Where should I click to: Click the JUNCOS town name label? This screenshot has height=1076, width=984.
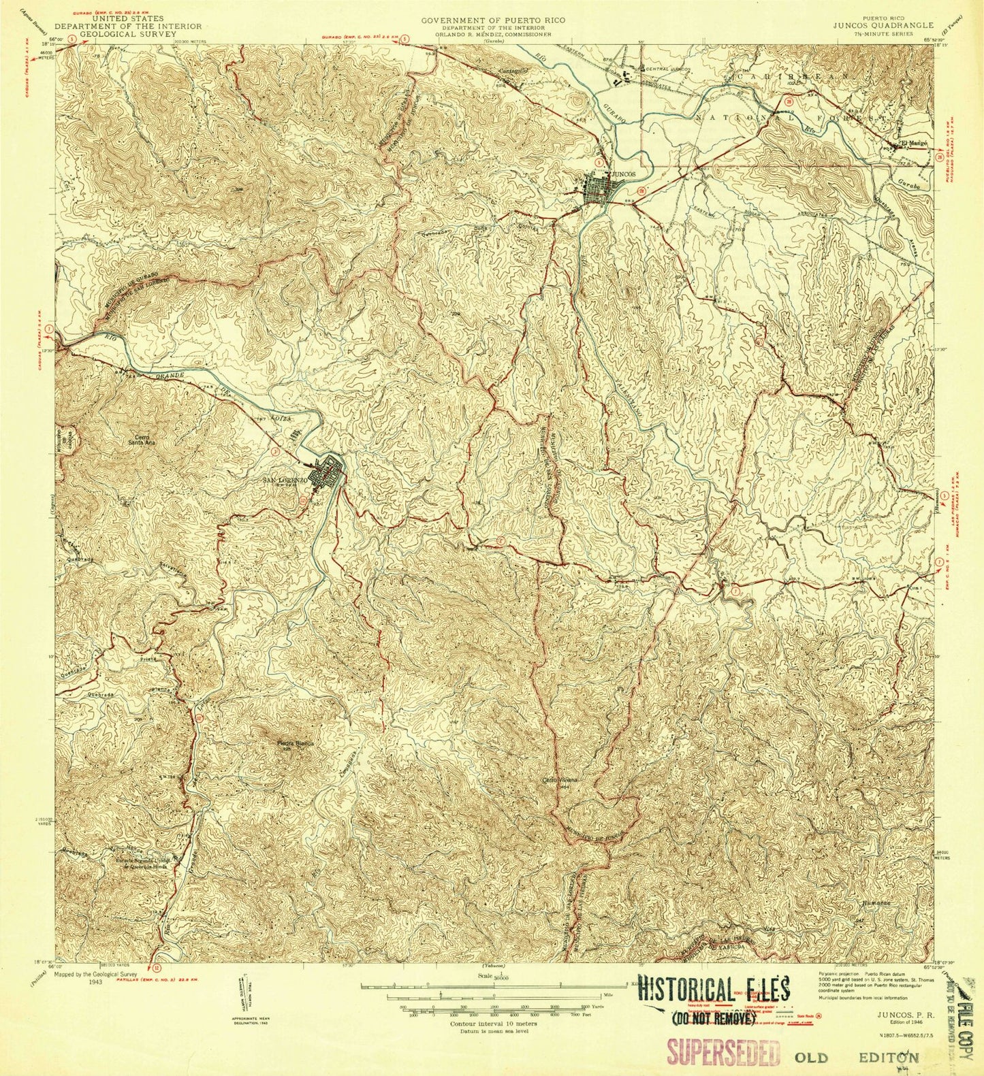pyautogui.click(x=624, y=174)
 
